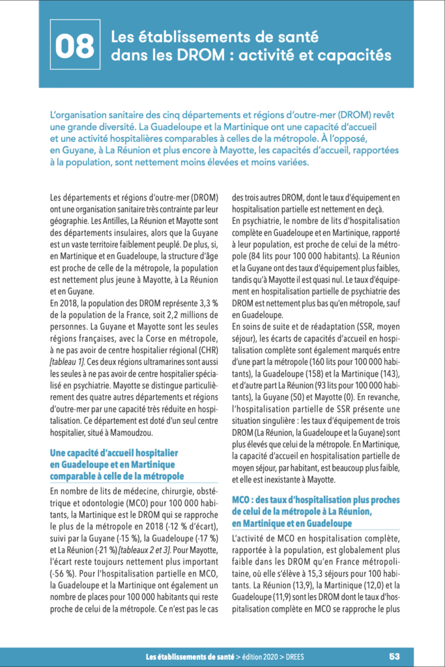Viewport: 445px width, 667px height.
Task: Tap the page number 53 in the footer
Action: coord(395,655)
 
